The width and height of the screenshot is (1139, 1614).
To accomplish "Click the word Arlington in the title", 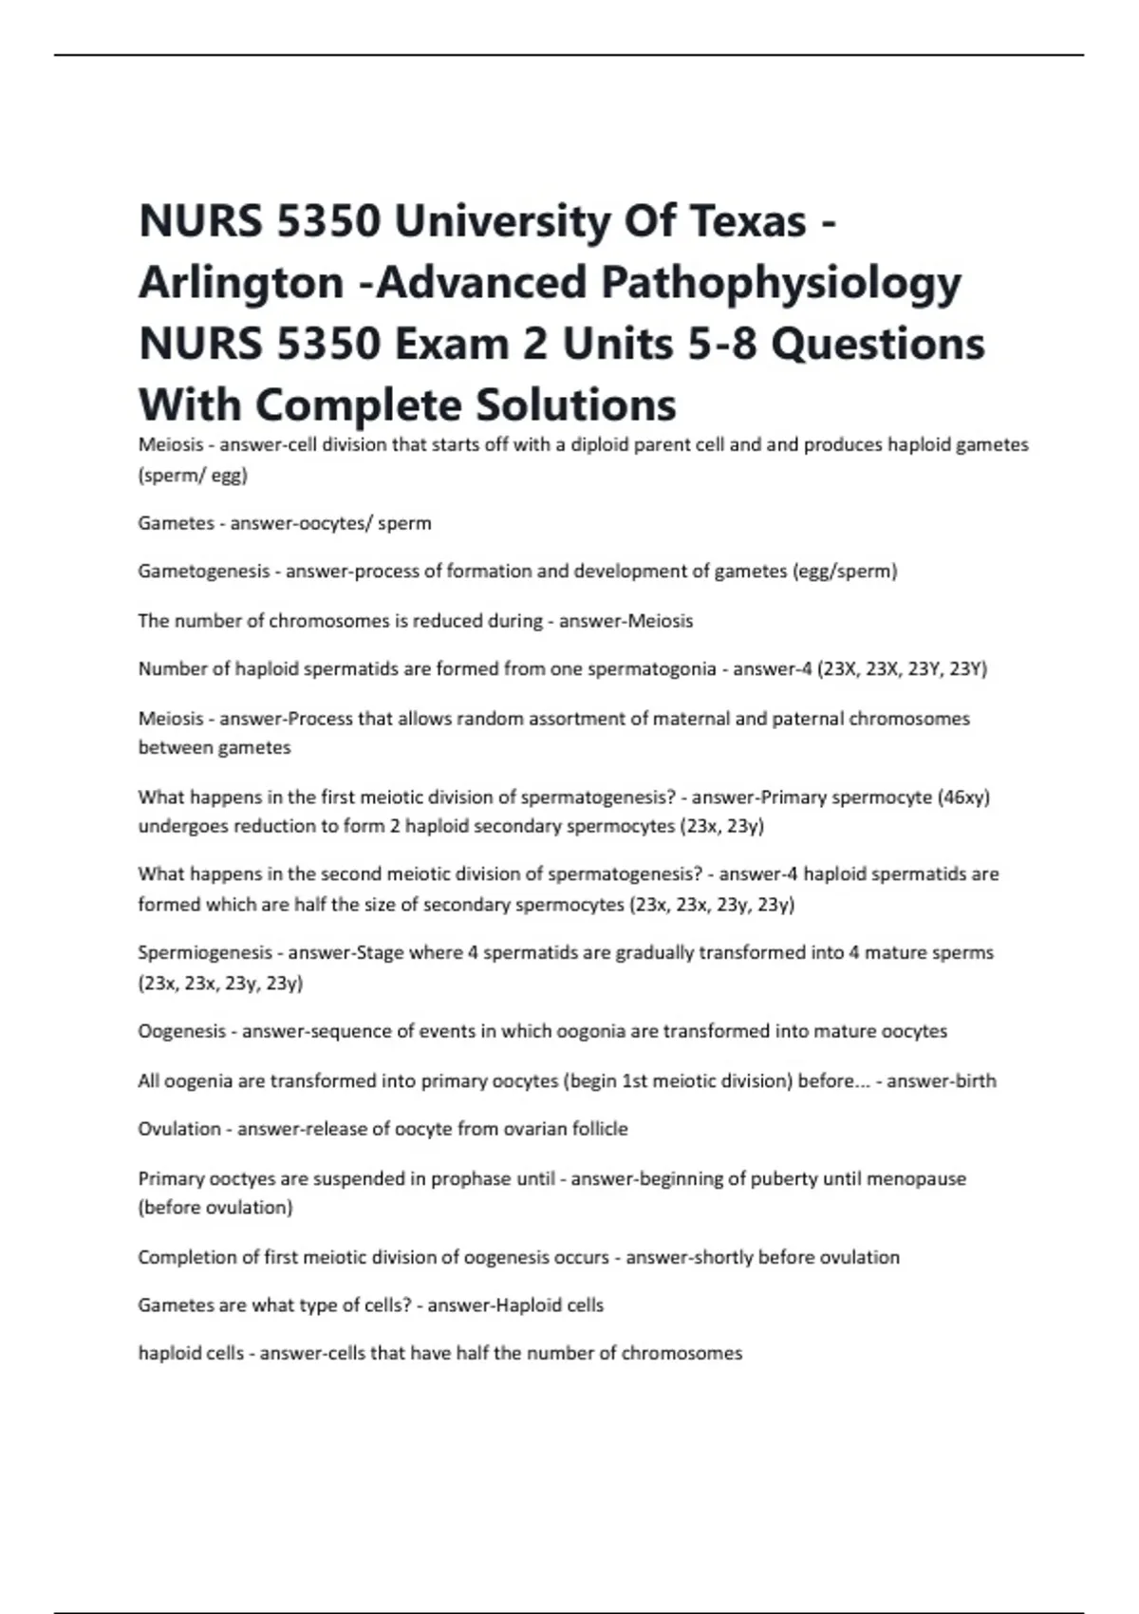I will tap(241, 283).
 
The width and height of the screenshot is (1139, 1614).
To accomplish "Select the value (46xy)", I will tap(963, 798).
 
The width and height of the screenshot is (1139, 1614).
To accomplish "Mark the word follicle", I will tap(597, 1129).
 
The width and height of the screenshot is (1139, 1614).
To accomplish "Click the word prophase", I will tap(470, 1179).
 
